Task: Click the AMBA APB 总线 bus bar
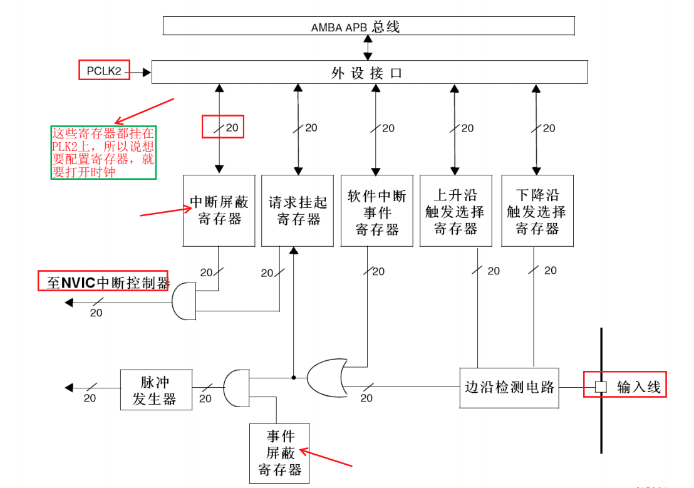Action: (368, 26)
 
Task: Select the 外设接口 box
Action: (369, 72)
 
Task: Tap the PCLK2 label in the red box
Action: (104, 71)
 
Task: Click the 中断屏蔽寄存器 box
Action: (219, 210)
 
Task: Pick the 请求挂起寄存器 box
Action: (298, 210)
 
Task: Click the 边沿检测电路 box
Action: (509, 387)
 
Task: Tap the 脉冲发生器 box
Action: (156, 389)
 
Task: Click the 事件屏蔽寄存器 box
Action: (280, 453)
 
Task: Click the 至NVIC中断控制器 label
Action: (104, 282)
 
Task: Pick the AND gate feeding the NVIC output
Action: (184, 301)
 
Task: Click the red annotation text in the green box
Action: (103, 152)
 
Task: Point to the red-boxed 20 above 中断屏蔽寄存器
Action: (223, 127)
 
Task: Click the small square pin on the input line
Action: (601, 387)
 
